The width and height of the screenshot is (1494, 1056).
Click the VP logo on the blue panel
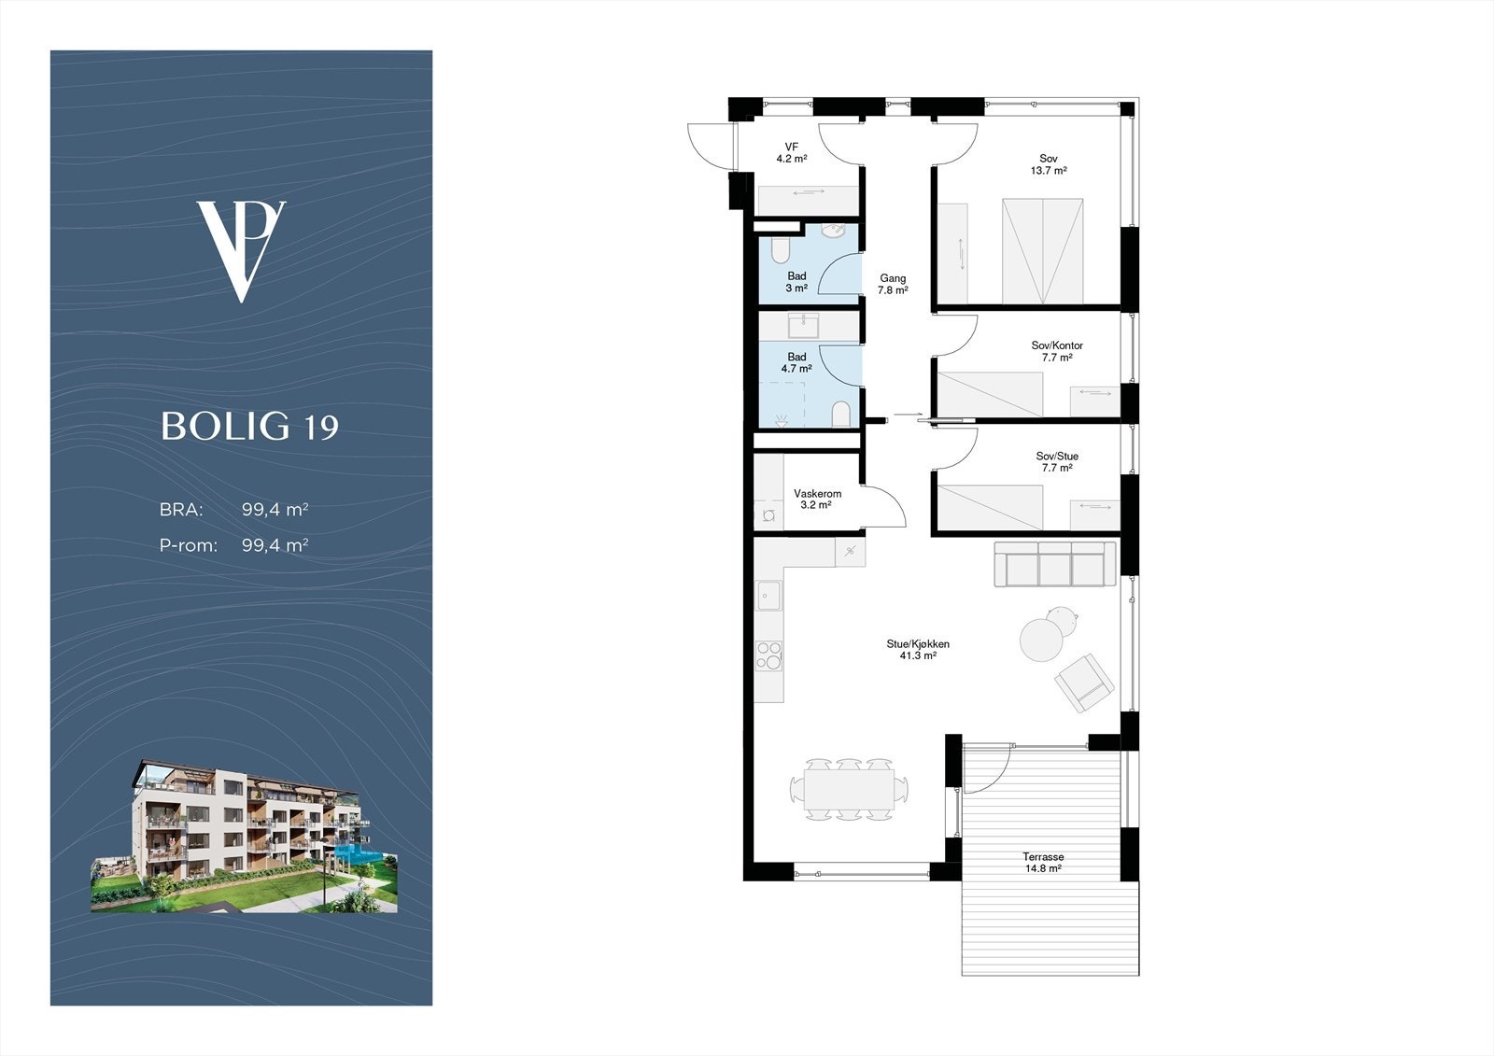coord(242,251)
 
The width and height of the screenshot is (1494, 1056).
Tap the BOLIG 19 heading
coord(249,426)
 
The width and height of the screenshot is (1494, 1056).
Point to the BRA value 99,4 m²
coord(275,510)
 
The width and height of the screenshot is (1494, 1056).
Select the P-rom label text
coord(188,545)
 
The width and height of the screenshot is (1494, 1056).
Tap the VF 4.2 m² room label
coord(792,153)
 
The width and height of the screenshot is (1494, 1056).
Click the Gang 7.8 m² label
coord(893,284)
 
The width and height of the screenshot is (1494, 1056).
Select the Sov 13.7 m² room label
coord(1049,164)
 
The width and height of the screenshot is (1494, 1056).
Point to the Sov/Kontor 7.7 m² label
coord(1057,352)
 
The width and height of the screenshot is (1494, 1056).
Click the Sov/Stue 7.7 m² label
coord(1057,461)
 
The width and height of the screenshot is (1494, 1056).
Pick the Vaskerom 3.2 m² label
coord(817,499)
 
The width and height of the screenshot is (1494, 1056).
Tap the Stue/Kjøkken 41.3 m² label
coord(918,650)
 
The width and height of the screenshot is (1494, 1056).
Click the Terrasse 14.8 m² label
coord(1043,863)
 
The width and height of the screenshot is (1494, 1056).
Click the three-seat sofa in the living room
coord(1055,564)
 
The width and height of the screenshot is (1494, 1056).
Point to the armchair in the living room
coord(1084,683)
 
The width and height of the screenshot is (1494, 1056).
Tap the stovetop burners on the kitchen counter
coord(769,655)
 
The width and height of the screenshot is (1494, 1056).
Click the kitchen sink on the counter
coord(768,595)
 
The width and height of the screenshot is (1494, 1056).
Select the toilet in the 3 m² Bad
coord(781,251)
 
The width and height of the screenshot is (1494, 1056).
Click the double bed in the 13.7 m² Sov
coord(1042,251)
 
